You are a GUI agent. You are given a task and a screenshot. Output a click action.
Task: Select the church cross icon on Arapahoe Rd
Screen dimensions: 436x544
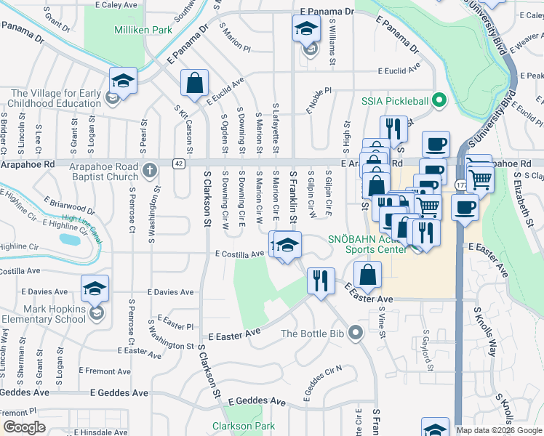[150, 171]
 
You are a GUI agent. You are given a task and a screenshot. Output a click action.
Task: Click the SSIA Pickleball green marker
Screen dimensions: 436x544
[439, 100]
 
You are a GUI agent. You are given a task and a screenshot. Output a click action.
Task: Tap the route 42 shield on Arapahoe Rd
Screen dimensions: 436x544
[178, 163]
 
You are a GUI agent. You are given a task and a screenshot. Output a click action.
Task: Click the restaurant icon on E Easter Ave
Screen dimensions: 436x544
[320, 279]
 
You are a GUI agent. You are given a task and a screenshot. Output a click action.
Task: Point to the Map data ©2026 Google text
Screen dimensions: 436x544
[499, 430]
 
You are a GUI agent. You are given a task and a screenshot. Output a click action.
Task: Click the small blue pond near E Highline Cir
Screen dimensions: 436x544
[70, 238]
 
